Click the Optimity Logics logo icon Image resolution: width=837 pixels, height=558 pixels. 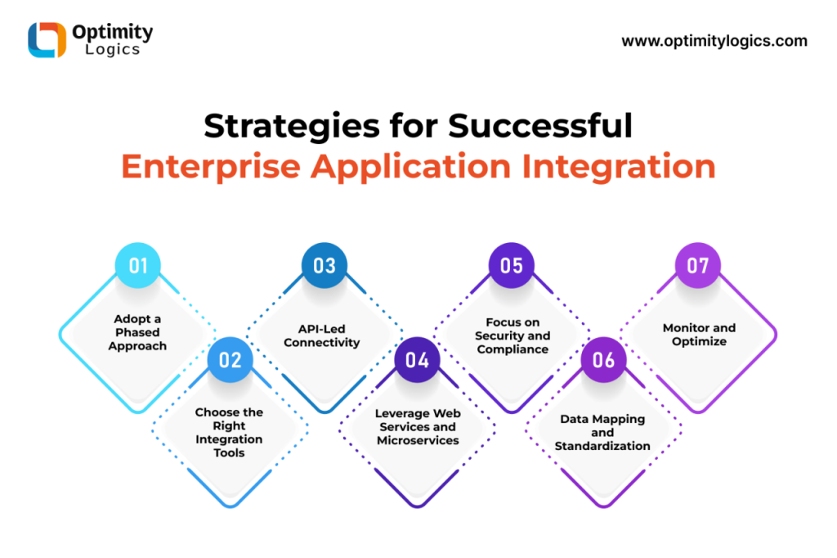[x=47, y=39]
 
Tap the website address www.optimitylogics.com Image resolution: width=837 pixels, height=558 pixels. [x=714, y=42]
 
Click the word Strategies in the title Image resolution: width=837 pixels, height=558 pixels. [x=292, y=127]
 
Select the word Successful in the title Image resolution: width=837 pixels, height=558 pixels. [x=540, y=126]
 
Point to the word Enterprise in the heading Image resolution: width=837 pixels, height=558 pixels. [x=211, y=167]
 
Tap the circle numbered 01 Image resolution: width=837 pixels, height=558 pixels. [x=137, y=266]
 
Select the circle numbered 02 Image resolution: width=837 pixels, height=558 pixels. [x=230, y=360]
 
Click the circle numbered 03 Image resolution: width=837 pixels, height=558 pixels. [x=324, y=266]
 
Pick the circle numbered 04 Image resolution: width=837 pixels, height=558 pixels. [x=417, y=360]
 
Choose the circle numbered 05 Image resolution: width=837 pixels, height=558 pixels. [x=512, y=266]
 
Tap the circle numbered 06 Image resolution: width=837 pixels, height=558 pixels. [x=604, y=360]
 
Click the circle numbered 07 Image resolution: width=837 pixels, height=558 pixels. [x=698, y=266]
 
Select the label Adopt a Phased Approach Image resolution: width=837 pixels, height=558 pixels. [x=137, y=332]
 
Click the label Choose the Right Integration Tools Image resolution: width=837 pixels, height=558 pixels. [x=229, y=432]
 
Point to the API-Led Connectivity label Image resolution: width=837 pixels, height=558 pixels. [x=322, y=335]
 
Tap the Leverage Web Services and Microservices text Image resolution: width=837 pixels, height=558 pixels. [x=418, y=427]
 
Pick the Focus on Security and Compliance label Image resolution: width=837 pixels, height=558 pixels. [x=512, y=335]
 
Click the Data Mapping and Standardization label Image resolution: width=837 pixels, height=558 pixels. [x=602, y=432]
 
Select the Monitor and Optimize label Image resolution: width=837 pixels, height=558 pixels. [x=700, y=335]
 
